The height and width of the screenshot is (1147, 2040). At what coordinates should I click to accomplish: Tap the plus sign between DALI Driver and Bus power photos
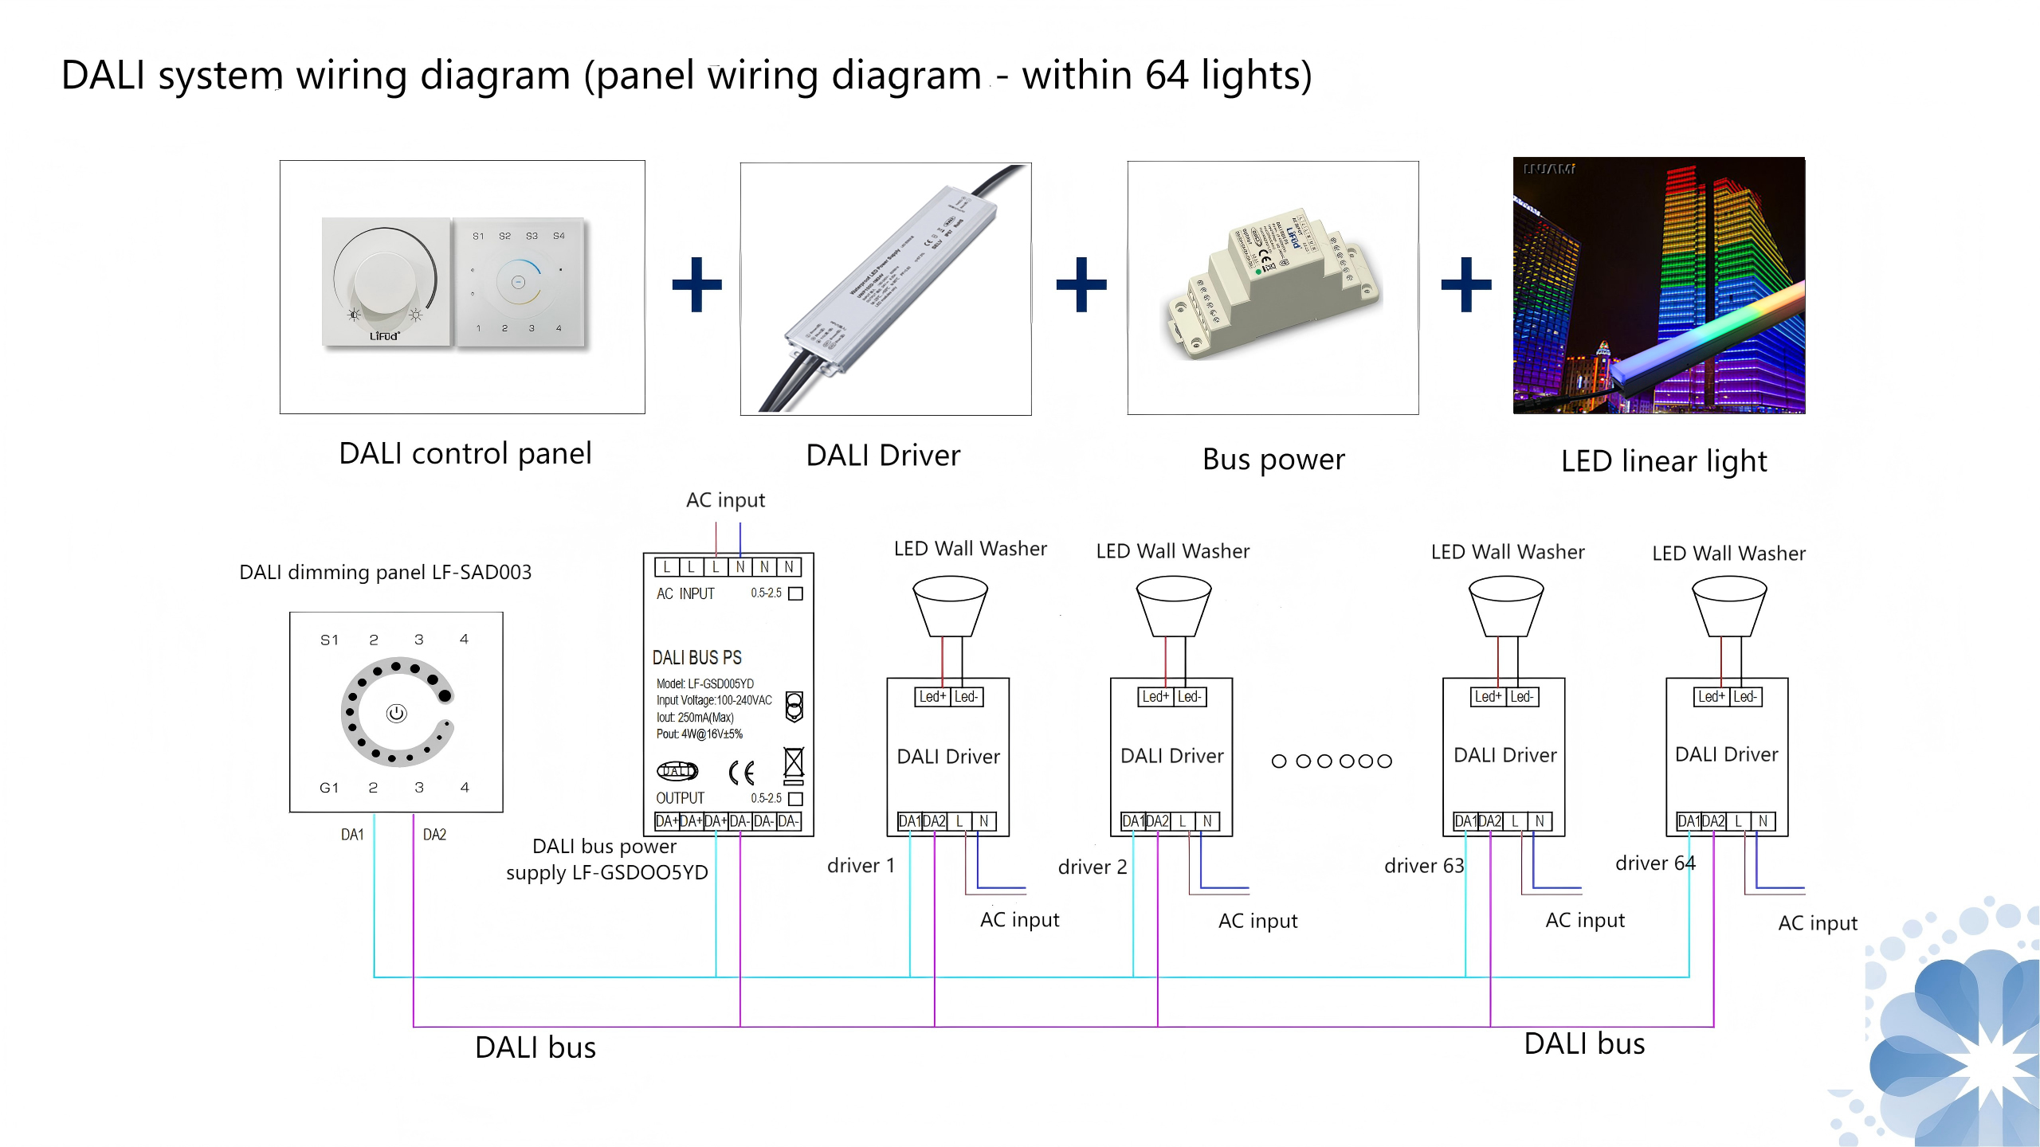coord(1081,284)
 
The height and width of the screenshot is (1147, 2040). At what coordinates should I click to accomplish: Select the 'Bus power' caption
coord(1273,460)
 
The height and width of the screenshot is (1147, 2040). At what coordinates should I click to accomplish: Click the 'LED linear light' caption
coord(1663,461)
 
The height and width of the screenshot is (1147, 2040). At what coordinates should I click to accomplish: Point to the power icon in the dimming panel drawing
coord(396,713)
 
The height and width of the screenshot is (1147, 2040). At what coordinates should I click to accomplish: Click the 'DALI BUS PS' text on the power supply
coord(696,658)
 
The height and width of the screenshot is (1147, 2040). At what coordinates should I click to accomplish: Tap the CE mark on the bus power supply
coord(742,772)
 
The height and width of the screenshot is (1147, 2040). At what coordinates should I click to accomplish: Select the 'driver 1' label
coord(861,866)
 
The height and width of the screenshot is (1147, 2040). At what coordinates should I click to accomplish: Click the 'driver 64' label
coord(1655,863)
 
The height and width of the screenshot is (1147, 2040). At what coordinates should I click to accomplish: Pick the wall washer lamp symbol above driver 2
coord(1173,606)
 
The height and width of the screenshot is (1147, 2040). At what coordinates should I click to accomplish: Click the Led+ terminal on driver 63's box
coord(1488,697)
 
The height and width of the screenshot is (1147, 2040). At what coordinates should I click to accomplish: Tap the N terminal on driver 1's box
coord(983,821)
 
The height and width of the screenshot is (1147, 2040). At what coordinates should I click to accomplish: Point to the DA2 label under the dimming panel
coord(434,835)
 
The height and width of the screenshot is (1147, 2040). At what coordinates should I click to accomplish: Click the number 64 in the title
coord(1167,76)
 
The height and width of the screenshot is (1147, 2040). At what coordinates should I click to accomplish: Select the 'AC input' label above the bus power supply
coord(725,500)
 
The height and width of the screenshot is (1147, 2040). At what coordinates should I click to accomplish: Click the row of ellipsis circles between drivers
coord(1332,761)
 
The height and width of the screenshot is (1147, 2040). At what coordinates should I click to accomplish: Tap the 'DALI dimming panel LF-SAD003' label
coord(385,573)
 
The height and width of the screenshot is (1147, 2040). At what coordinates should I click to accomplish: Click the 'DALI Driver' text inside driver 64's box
coord(1726,755)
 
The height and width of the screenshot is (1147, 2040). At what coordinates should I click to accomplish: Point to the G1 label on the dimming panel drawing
coord(329,788)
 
